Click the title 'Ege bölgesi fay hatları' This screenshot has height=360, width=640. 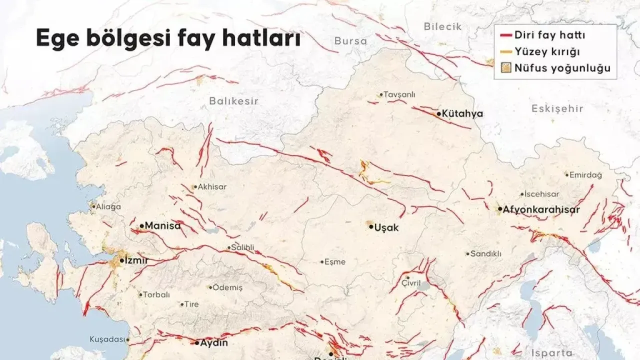tap(168, 39)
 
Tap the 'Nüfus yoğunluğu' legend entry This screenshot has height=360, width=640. tap(556, 68)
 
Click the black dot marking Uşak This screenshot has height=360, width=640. tap(371, 226)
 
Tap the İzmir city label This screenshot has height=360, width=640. tap(136, 260)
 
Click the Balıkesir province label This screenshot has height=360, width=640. tap(233, 101)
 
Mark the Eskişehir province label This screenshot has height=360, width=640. tap(557, 108)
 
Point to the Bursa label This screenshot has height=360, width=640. tap(350, 41)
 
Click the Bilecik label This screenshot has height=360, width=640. tap(442, 26)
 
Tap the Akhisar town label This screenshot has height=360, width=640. tap(212, 186)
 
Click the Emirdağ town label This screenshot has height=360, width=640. tap(585, 175)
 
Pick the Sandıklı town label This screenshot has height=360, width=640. tap(486, 253)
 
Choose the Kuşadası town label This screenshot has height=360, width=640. tap(107, 339)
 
